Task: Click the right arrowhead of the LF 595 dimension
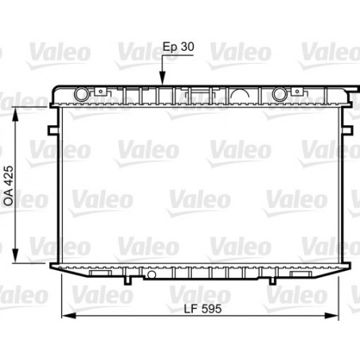(x=342, y=317)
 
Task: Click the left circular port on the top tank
(x=80, y=95)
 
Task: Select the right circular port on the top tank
(x=279, y=95)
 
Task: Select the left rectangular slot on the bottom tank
(x=100, y=272)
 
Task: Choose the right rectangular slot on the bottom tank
(x=299, y=272)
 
